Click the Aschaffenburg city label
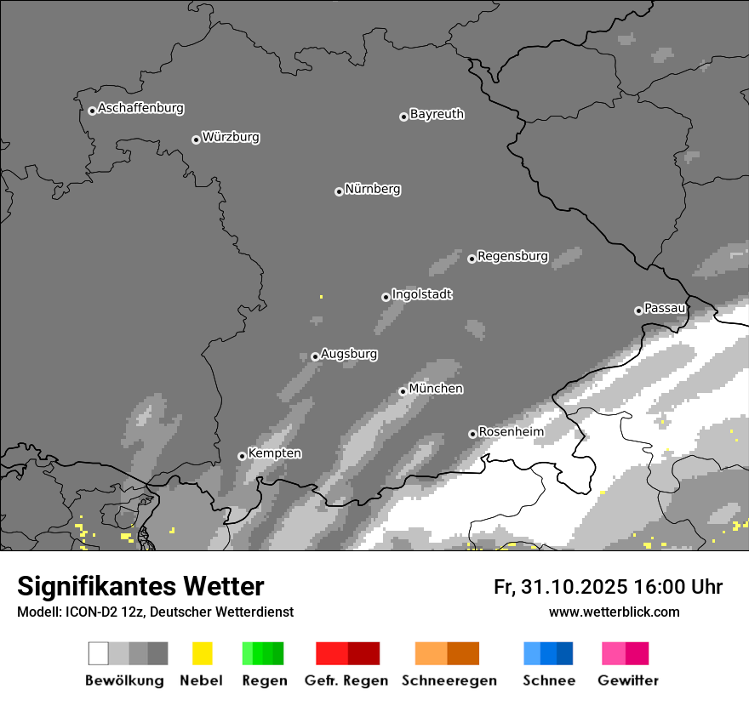[x=140, y=108]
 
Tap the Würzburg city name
[x=231, y=137]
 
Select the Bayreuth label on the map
[x=437, y=114]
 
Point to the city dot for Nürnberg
[x=339, y=191]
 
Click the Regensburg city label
[x=512, y=256]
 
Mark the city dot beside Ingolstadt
[x=386, y=297]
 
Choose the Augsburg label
[x=349, y=354]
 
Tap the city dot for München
[x=403, y=391]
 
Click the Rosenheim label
[x=511, y=432]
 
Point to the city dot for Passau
[x=638, y=310]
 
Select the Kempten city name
[x=274, y=453]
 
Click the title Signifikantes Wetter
[x=140, y=586]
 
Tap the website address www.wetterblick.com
[x=614, y=612]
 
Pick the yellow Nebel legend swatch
[x=202, y=653]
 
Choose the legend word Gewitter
[x=628, y=680]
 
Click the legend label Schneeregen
[x=449, y=680]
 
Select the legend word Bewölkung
[x=124, y=680]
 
